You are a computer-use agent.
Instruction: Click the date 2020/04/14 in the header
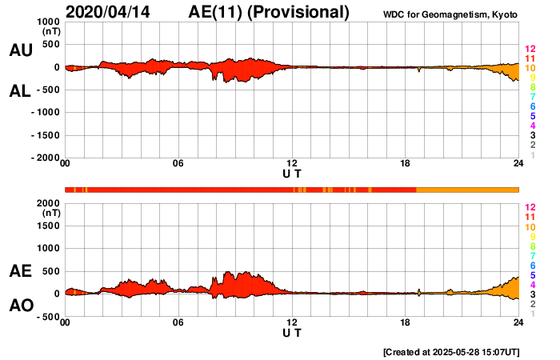(x=108, y=12)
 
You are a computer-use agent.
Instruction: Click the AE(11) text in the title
(x=214, y=12)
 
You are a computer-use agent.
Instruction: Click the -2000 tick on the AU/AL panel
(x=45, y=158)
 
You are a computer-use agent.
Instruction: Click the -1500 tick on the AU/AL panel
(x=45, y=135)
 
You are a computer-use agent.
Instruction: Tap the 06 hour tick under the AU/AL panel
(x=178, y=164)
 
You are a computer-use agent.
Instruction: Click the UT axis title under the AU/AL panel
(x=292, y=173)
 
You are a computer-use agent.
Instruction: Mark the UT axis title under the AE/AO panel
(x=292, y=332)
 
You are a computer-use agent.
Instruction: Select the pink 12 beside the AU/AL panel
(x=530, y=50)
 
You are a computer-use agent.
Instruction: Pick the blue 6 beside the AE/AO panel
(x=532, y=265)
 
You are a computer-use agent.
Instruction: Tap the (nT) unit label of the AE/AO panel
(x=50, y=214)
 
